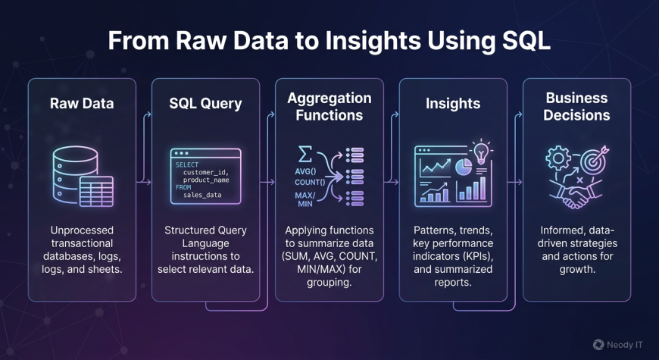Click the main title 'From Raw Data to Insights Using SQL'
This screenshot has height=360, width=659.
point(329,40)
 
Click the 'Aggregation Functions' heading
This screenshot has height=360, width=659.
point(329,107)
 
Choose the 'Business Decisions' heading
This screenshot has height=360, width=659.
point(576,107)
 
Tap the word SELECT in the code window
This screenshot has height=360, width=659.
point(186,164)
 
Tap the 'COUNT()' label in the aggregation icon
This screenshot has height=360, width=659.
point(311,181)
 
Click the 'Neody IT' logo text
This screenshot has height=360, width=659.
point(624,344)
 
